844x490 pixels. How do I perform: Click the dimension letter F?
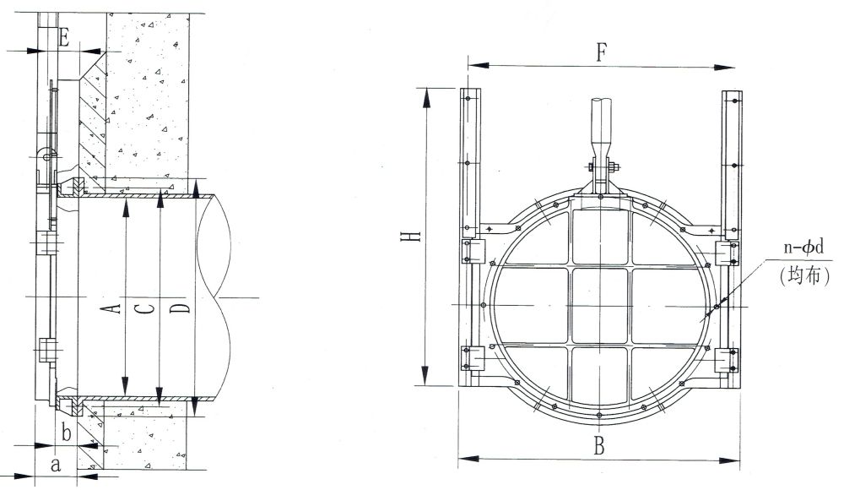point(601,52)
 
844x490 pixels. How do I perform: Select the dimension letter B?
point(599,446)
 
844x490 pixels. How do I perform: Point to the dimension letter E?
point(63,38)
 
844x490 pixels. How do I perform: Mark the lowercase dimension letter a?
point(56,465)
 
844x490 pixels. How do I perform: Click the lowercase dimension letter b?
point(67,433)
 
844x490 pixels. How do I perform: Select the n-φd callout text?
point(803,248)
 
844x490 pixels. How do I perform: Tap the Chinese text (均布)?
point(803,276)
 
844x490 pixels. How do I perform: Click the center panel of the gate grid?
point(599,306)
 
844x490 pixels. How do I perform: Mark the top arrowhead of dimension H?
point(427,97)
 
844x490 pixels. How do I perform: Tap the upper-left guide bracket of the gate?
point(474,251)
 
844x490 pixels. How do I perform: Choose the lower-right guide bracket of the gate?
point(725,359)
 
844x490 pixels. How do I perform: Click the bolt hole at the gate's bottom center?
point(599,415)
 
